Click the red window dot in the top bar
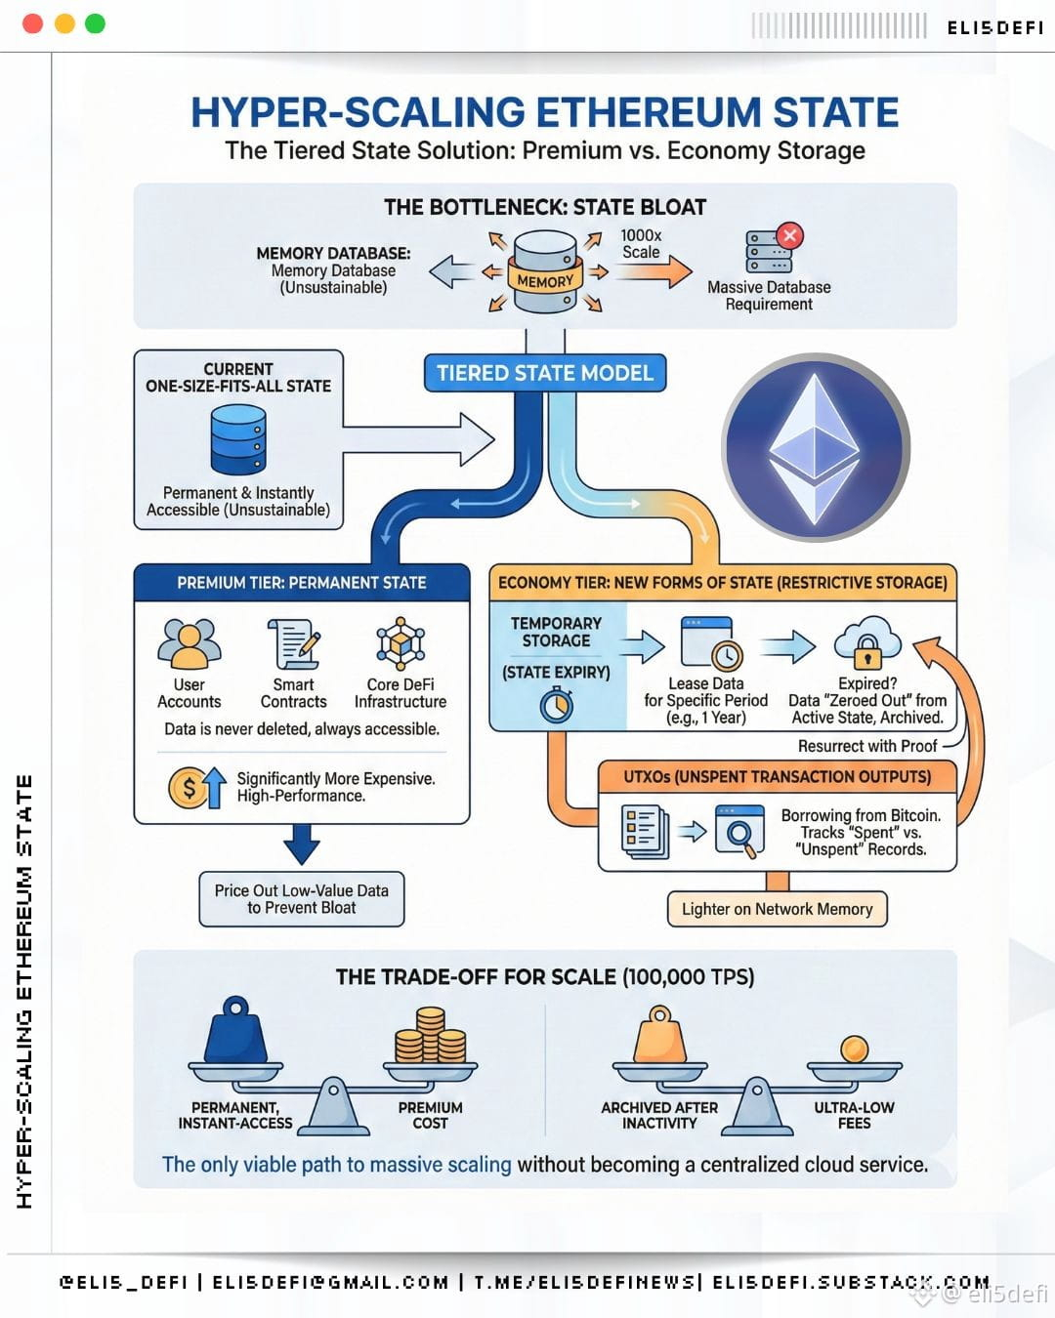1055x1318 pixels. point(32,23)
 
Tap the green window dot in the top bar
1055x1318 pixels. point(95,23)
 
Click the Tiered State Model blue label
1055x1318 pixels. point(545,373)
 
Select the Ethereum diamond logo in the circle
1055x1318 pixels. point(815,448)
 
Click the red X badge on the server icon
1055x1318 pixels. point(790,235)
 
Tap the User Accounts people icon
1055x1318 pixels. point(189,643)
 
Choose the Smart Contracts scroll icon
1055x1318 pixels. point(294,643)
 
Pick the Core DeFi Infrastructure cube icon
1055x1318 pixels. point(401,643)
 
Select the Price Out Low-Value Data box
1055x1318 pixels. point(302,899)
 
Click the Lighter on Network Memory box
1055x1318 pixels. point(778,909)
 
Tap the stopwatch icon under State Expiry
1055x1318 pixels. point(557,705)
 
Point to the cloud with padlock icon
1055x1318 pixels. point(867,643)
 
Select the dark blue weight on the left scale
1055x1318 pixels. point(235,1030)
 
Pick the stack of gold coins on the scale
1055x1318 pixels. point(431,1035)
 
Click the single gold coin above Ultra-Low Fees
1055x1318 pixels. point(854,1050)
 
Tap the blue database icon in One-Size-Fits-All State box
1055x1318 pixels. point(238,440)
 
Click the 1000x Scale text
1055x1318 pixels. point(641,244)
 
